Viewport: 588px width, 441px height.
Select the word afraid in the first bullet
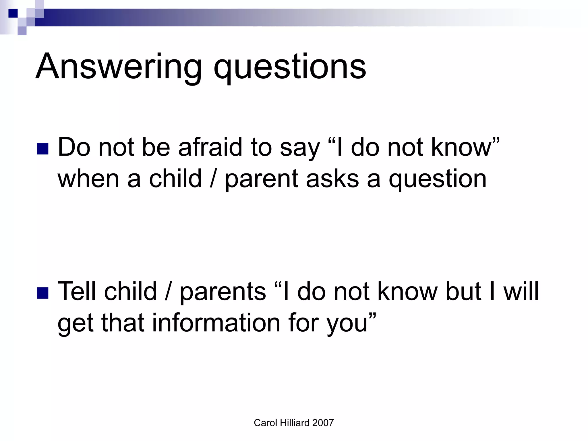(210, 147)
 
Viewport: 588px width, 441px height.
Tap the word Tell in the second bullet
(77, 291)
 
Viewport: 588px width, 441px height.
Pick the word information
(216, 323)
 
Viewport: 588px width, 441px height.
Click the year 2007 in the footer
(323, 423)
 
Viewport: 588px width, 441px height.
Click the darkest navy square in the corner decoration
(13, 13)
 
